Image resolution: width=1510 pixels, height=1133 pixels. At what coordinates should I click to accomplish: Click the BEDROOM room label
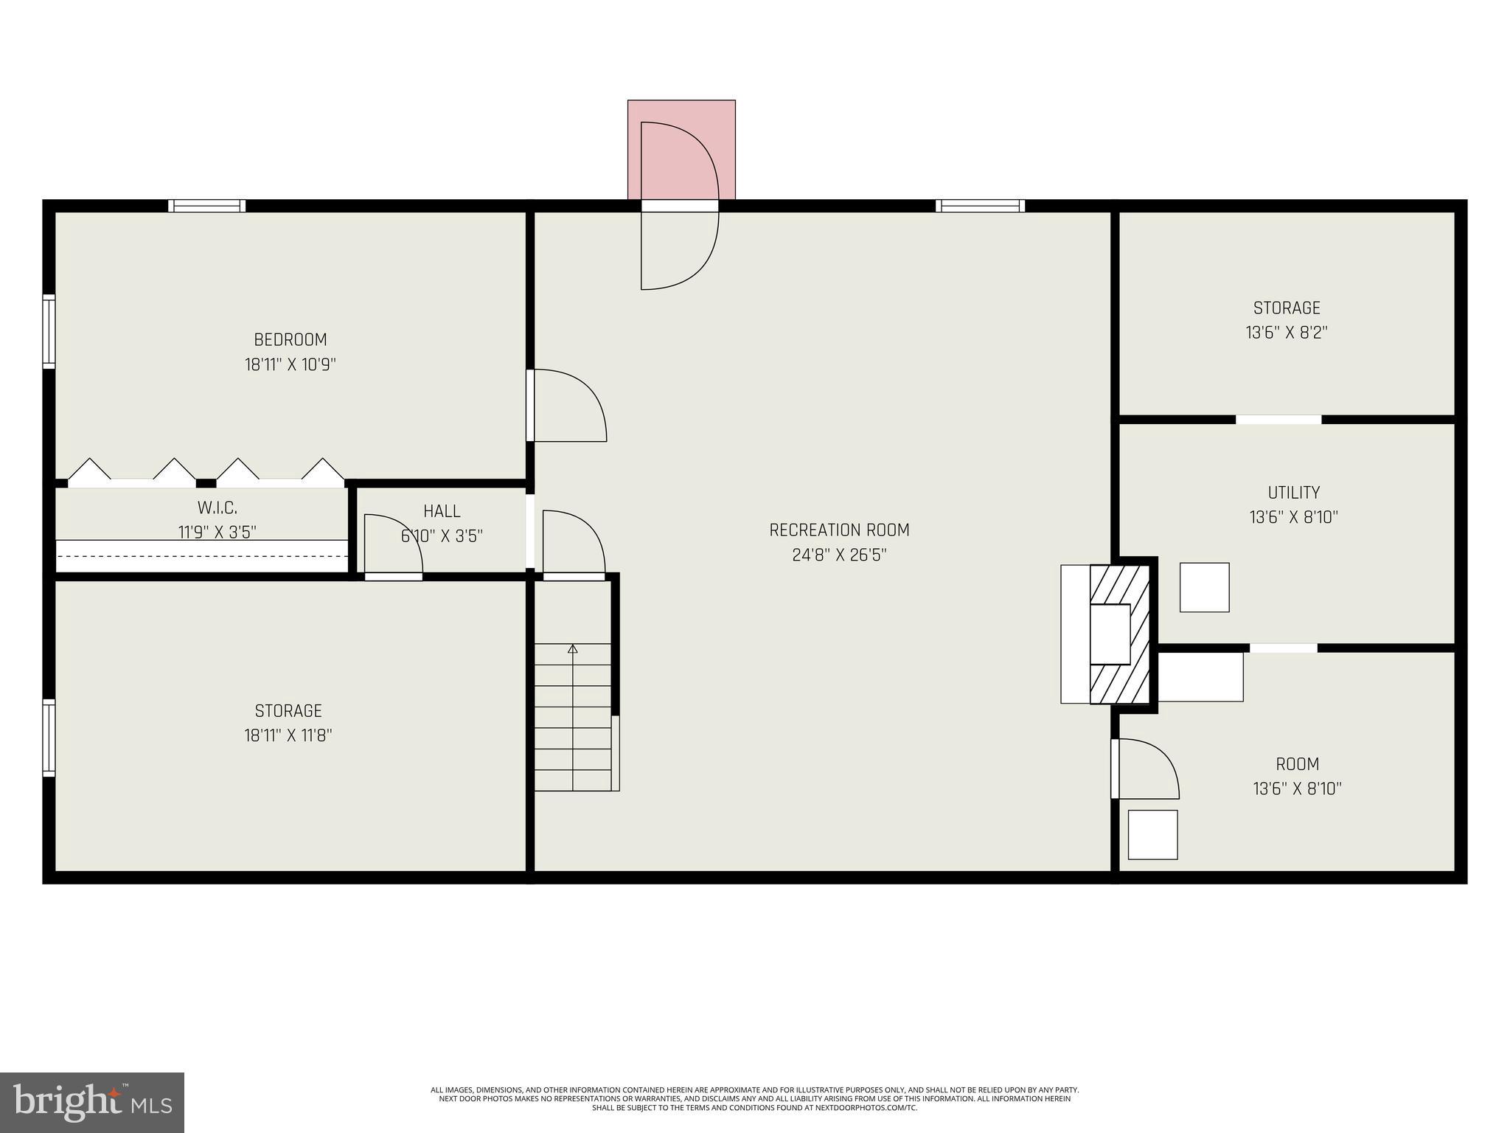pyautogui.click(x=290, y=340)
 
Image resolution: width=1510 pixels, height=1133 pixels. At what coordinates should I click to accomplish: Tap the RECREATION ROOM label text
pyautogui.click(x=839, y=530)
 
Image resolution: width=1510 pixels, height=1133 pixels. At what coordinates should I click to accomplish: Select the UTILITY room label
pyautogui.click(x=1293, y=493)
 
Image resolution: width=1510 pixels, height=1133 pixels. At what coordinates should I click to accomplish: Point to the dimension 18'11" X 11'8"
pyautogui.click(x=288, y=735)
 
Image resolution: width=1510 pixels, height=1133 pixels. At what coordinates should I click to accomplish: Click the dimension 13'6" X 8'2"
pyautogui.click(x=1287, y=333)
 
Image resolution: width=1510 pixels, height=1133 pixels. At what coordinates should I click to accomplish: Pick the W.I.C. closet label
pyautogui.click(x=217, y=508)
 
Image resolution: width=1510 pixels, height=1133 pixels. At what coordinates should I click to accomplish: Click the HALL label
pyautogui.click(x=442, y=511)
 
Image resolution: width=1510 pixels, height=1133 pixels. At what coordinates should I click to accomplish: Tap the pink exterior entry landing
pyautogui.click(x=681, y=148)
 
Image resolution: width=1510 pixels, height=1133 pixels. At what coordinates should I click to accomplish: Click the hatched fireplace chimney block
pyautogui.click(x=1120, y=634)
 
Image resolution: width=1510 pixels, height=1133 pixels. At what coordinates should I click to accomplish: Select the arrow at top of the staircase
pyautogui.click(x=573, y=649)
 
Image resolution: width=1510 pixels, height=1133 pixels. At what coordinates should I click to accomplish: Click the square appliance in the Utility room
pyautogui.click(x=1204, y=587)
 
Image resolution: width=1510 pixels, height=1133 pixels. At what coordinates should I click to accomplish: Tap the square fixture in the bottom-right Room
pyautogui.click(x=1152, y=834)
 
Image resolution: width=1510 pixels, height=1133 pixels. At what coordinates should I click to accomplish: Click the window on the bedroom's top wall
pyautogui.click(x=206, y=206)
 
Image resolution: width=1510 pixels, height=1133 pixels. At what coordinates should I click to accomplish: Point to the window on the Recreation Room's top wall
pyautogui.click(x=980, y=206)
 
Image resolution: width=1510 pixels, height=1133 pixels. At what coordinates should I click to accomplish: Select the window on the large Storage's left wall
pyautogui.click(x=49, y=738)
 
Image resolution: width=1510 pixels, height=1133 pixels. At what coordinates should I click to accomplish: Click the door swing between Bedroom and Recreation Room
pyautogui.click(x=568, y=406)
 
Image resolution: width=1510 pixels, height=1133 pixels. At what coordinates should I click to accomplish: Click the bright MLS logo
pyautogui.click(x=92, y=1102)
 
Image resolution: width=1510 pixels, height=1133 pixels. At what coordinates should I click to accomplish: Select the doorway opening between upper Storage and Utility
pyautogui.click(x=1278, y=420)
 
